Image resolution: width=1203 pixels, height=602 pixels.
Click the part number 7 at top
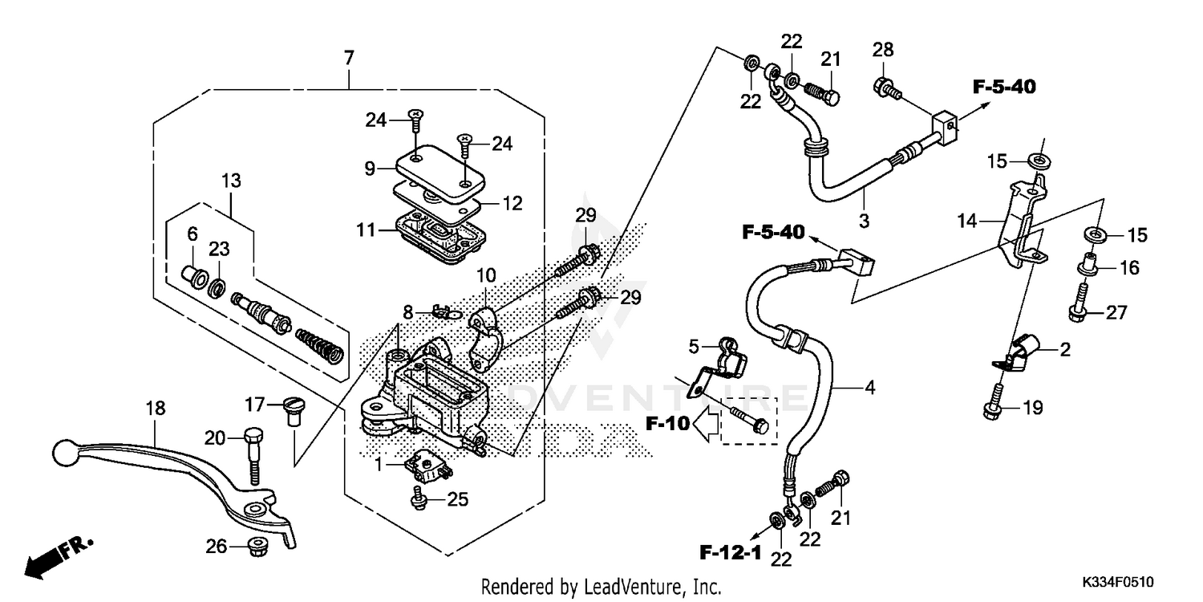point(348,58)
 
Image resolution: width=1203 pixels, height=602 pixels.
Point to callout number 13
point(231,181)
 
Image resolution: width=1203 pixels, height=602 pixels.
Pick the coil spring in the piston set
point(319,343)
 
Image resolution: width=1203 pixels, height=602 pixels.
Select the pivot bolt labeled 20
point(254,454)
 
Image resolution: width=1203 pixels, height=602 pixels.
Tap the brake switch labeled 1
point(427,466)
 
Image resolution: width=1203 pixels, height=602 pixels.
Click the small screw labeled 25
point(419,500)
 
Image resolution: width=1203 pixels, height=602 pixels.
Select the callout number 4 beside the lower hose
point(869,388)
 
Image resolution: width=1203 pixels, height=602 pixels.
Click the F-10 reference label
point(668,424)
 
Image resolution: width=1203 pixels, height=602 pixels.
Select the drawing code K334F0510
point(1121,580)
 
